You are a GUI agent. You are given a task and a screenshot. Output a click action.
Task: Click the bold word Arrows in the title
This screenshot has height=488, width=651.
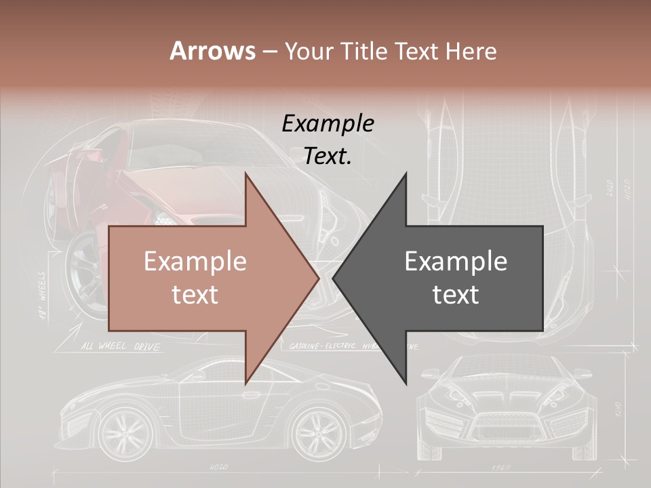[213, 51]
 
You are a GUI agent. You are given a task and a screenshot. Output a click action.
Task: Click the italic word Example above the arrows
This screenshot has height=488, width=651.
[328, 124]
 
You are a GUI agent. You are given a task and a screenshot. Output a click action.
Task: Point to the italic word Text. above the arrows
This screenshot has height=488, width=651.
[328, 157]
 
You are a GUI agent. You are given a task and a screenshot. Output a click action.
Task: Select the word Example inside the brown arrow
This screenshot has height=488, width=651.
[195, 262]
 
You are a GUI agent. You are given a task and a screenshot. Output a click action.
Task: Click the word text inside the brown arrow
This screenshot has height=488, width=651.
[195, 294]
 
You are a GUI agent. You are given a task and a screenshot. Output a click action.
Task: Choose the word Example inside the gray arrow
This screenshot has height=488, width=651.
[456, 262]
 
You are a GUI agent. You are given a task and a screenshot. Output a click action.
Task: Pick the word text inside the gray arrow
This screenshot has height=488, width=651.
[456, 294]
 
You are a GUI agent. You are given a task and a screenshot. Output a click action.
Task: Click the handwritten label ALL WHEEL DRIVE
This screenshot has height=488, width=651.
[121, 347]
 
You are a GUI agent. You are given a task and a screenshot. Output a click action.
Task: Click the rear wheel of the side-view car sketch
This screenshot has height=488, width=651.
[125, 431]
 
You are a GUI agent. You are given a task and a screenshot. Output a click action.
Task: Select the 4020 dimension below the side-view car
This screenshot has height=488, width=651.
[218, 467]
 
